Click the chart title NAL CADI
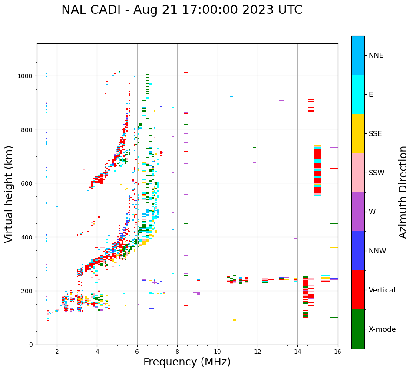click(182, 10)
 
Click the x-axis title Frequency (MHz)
click(187, 362)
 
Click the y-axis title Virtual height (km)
click(9, 194)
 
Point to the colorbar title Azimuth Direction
click(403, 192)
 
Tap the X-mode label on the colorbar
click(382, 329)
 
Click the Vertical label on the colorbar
click(382, 290)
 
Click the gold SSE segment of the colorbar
click(358, 133)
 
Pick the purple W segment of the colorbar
click(358, 212)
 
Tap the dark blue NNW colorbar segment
click(358, 251)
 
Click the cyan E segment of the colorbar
click(358, 94)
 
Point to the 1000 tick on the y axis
click(26, 76)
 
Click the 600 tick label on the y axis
click(29, 183)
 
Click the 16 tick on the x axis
click(338, 352)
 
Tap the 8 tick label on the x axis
click(177, 352)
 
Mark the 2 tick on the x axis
click(57, 352)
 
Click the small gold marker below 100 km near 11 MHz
click(235, 320)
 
